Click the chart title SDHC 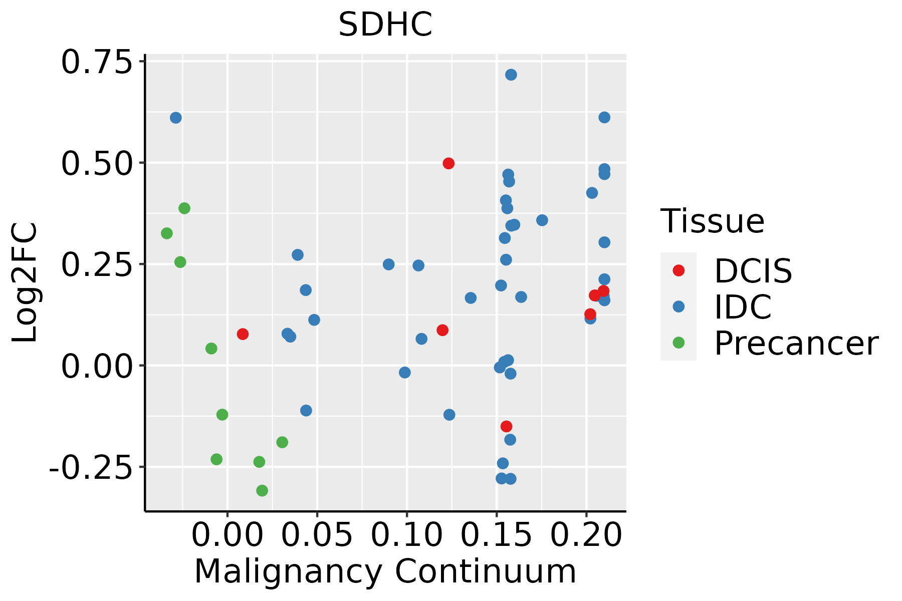coord(385,25)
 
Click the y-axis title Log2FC coord(25,283)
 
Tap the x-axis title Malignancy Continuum coord(385,571)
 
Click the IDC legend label coord(743,307)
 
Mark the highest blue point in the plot coord(511,75)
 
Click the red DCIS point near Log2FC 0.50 coord(448,163)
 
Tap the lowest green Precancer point coord(262,490)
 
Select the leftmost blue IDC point coord(176,118)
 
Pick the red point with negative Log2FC coord(507,426)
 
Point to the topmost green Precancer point coord(184,208)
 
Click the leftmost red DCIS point coord(243,334)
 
